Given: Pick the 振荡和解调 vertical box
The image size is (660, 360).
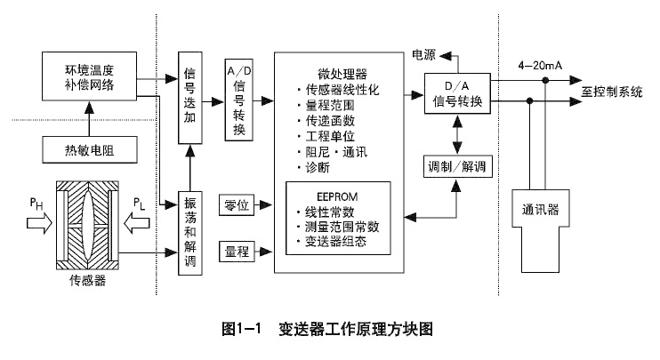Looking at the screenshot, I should tap(189, 232).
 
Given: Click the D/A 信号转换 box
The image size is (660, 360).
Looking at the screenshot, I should tap(456, 92).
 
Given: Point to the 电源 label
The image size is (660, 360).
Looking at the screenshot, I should tap(423, 54).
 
